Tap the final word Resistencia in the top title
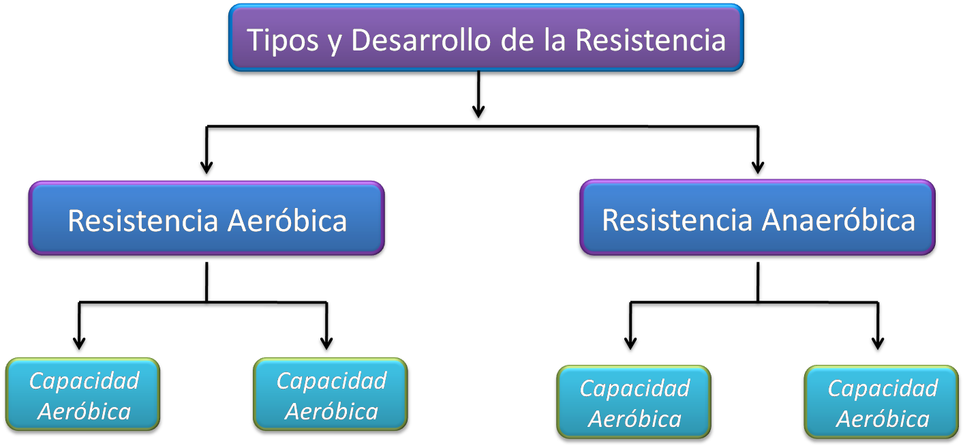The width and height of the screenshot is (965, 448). tap(650, 40)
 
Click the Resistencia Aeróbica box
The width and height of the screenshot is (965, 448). tap(206, 219)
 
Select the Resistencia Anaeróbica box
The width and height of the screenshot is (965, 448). tap(757, 219)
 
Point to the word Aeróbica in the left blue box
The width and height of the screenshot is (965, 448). tap(286, 220)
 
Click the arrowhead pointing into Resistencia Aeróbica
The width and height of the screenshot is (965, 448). tap(206, 169)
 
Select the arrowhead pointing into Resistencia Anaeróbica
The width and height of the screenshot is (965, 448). tap(757, 169)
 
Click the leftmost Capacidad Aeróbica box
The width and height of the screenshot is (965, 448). tap(83, 395)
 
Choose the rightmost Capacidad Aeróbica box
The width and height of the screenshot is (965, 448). tap(882, 403)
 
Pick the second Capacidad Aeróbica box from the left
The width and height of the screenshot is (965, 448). tap(331, 395)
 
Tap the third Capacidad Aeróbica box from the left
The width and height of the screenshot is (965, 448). tap(634, 403)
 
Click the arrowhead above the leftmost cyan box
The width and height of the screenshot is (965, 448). tap(80, 345)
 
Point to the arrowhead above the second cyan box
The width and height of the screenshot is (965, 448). tap(327, 345)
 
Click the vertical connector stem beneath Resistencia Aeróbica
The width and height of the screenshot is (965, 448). tap(206, 280)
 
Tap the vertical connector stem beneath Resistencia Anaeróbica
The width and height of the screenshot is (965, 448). tap(757, 280)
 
